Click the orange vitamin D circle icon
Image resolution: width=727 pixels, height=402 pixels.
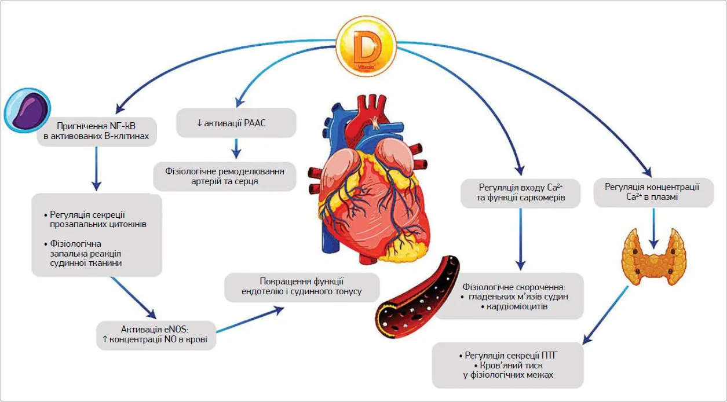click(366, 46)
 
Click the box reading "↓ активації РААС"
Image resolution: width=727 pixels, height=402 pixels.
click(236, 123)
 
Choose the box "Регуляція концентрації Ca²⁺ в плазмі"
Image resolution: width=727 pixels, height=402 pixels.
click(652, 192)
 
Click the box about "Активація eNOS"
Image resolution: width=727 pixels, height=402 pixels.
click(156, 334)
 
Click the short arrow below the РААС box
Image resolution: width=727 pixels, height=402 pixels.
click(235, 149)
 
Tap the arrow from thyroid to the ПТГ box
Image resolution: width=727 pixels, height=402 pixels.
click(605, 313)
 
